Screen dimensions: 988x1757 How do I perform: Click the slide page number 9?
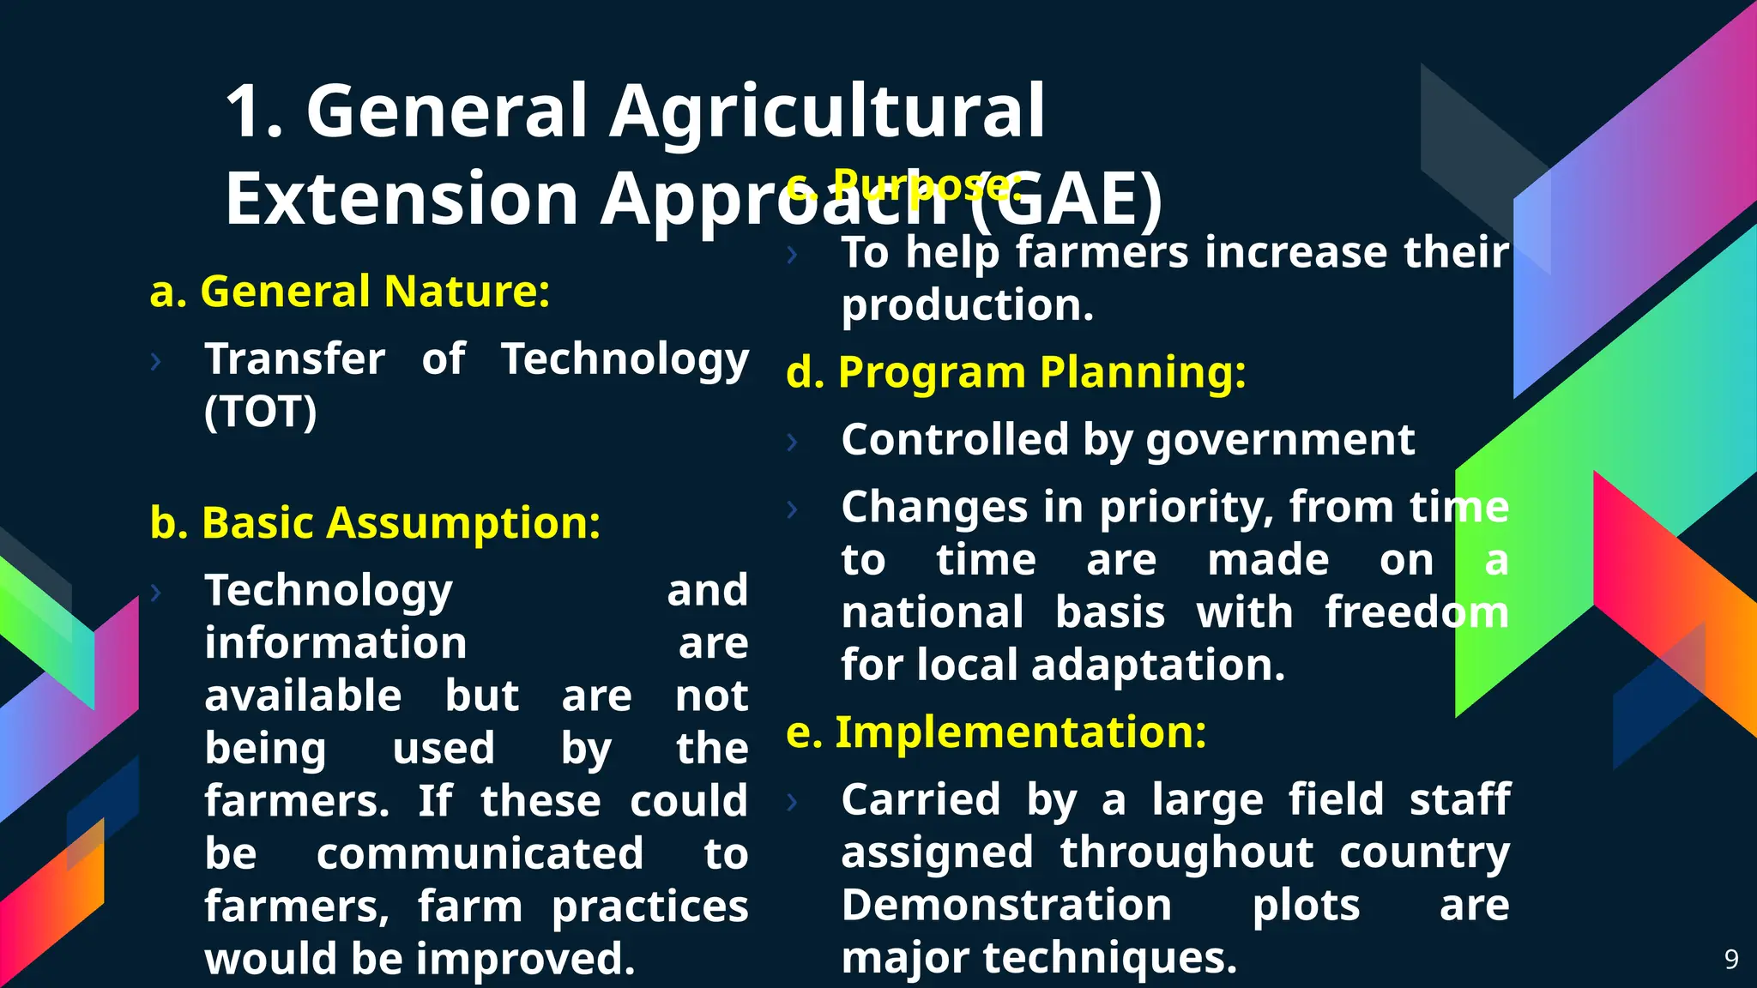1731,959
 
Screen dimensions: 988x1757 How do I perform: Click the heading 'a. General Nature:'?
349,292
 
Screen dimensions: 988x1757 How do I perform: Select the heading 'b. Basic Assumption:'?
375,522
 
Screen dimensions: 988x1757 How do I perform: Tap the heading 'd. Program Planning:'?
1016,373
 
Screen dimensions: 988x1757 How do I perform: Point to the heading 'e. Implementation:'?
996,732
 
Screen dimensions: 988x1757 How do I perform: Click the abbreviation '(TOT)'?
260,413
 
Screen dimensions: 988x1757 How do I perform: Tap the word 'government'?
1280,441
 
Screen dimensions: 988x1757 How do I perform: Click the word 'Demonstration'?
1005,906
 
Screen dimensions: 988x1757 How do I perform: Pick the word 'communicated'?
480,854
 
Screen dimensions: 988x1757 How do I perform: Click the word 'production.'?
967,306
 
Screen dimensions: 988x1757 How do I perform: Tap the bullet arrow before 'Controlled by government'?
792,443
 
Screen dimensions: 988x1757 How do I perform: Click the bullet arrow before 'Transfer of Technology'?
155,362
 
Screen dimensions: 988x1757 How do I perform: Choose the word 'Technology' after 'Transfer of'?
625,359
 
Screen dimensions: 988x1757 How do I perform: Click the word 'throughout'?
1186,853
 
